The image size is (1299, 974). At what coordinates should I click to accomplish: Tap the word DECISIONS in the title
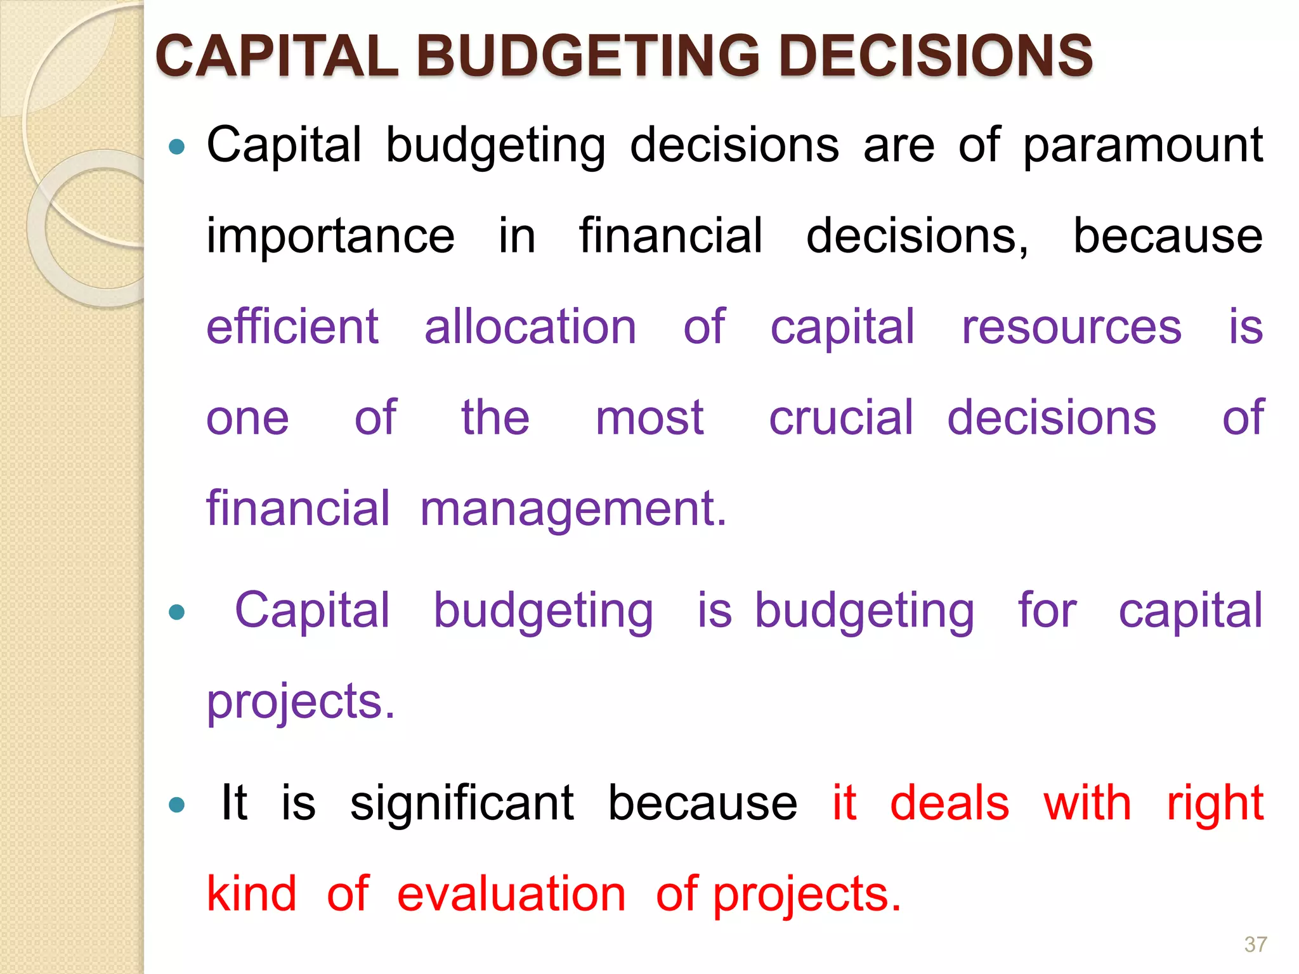[x=936, y=56]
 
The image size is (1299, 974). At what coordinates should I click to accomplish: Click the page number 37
[x=1255, y=944]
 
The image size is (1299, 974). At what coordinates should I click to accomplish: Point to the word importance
[x=330, y=236]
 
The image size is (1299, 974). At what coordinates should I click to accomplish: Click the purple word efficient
[x=292, y=327]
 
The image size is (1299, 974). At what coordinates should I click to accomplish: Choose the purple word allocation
[x=530, y=327]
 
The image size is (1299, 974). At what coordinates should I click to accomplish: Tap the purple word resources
[x=1071, y=328]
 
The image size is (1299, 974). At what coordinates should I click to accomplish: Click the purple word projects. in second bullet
[x=301, y=703]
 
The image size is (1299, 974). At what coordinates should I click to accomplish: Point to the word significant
[x=462, y=803]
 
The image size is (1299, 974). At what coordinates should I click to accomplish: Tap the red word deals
[x=950, y=803]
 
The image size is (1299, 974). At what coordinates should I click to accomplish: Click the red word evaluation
[x=511, y=893]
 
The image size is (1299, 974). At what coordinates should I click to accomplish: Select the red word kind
[x=252, y=893]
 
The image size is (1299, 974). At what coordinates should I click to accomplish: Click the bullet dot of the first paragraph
[x=177, y=148]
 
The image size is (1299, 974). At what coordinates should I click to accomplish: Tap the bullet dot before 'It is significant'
[x=177, y=805]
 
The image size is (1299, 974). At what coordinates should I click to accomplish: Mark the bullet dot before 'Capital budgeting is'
[x=177, y=613]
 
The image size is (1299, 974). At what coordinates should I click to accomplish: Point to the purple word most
[x=649, y=419]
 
